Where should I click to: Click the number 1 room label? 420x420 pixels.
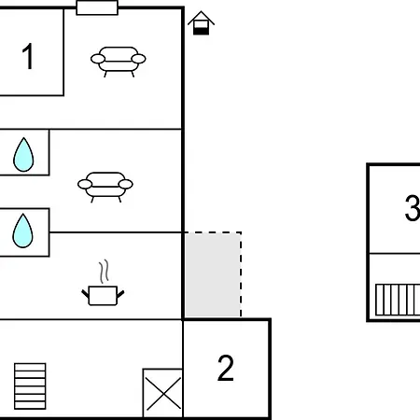(28, 56)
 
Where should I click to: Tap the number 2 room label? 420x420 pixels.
(226, 368)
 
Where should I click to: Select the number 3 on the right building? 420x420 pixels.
(413, 208)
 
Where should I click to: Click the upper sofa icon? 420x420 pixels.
(119, 62)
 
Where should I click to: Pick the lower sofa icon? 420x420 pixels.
(105, 187)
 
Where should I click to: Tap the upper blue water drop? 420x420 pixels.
(23, 155)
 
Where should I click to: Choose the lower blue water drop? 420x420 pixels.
(22, 231)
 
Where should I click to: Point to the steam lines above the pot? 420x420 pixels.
(104, 272)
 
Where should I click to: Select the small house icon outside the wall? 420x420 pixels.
(201, 23)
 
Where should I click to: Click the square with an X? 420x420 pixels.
(163, 393)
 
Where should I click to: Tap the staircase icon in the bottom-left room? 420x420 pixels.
(30, 386)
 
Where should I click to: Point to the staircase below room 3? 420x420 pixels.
(398, 300)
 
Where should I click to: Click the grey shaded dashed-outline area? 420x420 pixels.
(213, 275)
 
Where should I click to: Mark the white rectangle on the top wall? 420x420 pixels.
(97, 7)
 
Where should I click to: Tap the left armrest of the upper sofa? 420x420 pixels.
(98, 59)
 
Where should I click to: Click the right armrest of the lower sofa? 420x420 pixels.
(126, 184)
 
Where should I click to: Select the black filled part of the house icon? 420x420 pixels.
(201, 31)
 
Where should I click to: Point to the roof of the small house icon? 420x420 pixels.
(201, 18)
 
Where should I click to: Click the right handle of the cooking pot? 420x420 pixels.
(120, 294)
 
